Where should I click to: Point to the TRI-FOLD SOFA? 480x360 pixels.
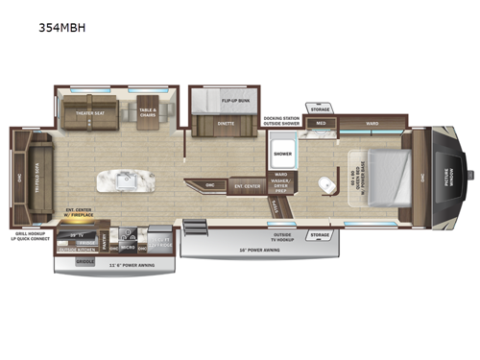tap(36, 172)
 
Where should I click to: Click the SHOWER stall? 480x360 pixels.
tap(282, 154)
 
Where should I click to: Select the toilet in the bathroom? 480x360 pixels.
tap(326, 183)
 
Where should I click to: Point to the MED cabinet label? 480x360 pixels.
tap(321, 124)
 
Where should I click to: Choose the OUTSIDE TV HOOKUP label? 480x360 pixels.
tap(283, 236)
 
